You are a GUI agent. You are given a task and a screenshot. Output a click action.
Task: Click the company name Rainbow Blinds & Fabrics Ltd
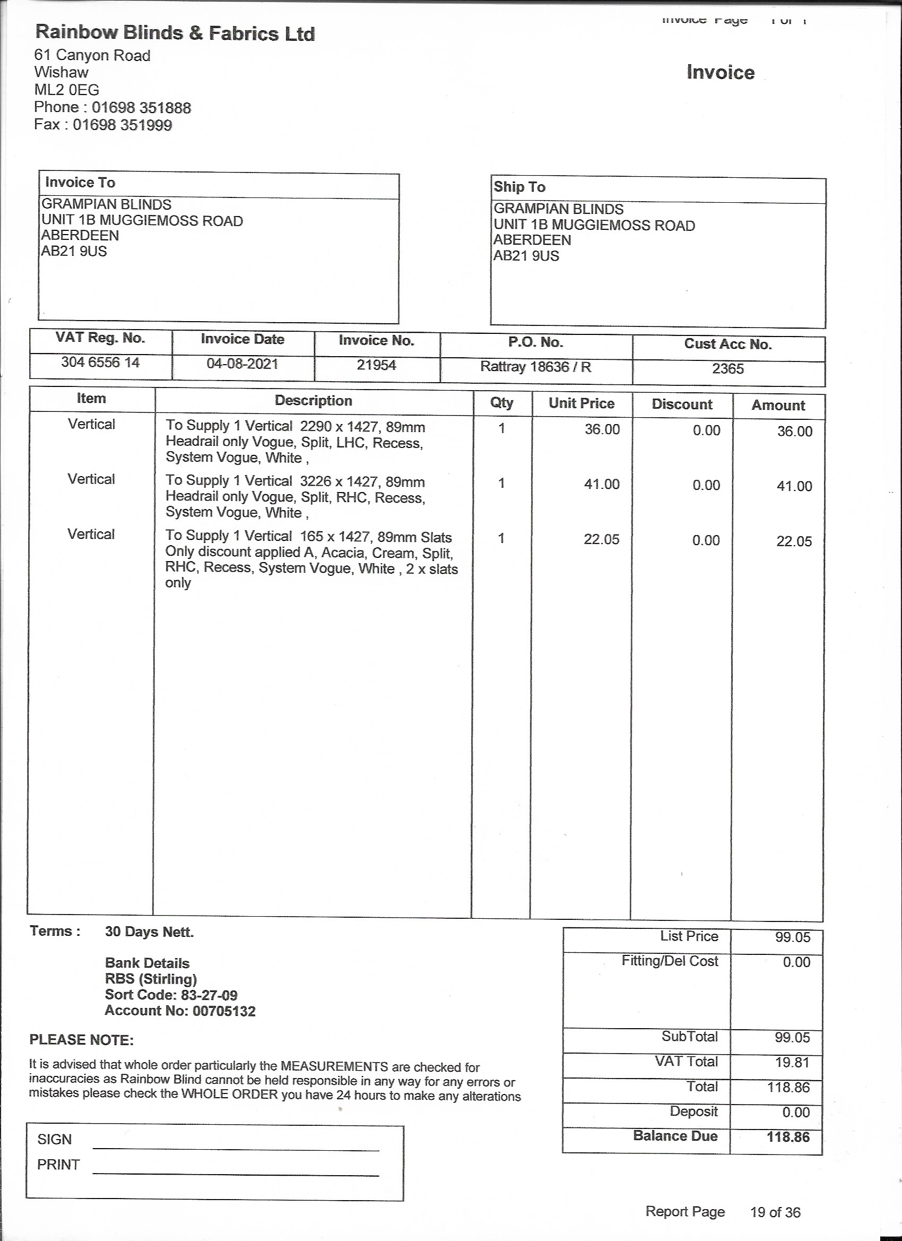click(x=175, y=33)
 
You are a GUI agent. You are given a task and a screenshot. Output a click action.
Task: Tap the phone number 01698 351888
click(x=141, y=107)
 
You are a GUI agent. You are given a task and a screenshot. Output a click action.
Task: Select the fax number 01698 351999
click(x=123, y=125)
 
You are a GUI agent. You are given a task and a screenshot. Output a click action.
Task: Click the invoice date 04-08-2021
click(x=242, y=364)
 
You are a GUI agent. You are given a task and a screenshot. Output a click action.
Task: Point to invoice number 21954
click(x=376, y=365)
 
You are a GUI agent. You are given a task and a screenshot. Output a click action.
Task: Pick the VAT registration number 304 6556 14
click(x=100, y=362)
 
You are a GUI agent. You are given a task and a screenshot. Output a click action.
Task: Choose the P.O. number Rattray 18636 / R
click(x=535, y=367)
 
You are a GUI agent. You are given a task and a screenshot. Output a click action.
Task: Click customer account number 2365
click(x=727, y=368)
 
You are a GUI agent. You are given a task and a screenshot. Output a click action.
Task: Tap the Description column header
click(x=313, y=401)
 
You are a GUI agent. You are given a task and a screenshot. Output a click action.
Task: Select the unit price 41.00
click(x=602, y=484)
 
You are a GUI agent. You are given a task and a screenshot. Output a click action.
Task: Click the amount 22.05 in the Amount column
click(x=794, y=541)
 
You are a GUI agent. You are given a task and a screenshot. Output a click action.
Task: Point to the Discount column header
click(x=682, y=404)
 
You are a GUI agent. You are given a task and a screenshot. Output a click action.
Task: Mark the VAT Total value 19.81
click(x=792, y=1062)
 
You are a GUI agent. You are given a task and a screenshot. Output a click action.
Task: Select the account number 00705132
click(x=224, y=1011)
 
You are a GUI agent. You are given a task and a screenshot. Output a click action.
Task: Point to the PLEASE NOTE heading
click(x=82, y=1040)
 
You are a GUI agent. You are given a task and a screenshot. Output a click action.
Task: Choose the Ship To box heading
click(x=519, y=187)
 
